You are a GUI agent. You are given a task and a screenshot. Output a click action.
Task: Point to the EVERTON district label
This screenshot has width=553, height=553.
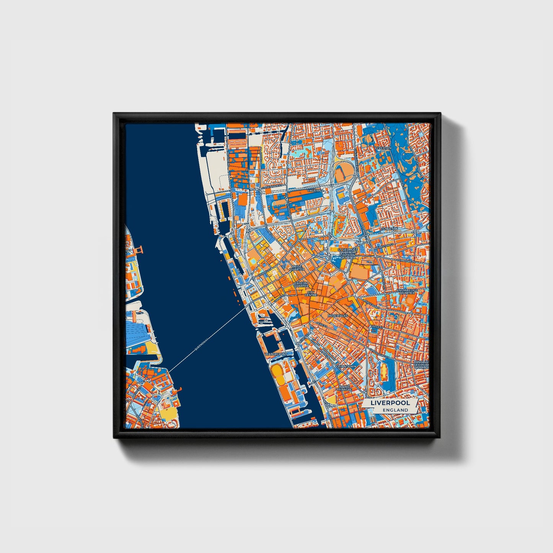point(383,148)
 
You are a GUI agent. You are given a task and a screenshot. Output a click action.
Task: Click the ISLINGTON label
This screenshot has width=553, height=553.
point(390,229)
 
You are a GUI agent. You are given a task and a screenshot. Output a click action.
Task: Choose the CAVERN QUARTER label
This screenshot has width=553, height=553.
point(301,284)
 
